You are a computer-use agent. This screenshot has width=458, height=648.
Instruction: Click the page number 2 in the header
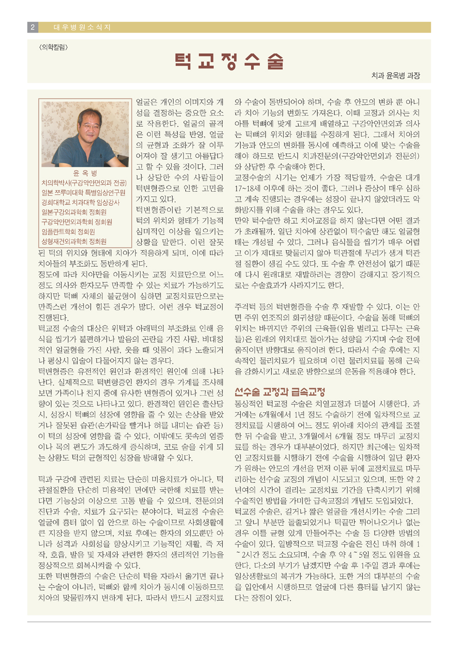pos(33,27)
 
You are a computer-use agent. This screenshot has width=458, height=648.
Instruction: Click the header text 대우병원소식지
pos(82,27)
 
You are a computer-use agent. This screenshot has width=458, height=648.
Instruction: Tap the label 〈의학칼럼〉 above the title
pos(54,47)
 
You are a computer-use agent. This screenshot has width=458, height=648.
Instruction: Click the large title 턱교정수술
pos(229,62)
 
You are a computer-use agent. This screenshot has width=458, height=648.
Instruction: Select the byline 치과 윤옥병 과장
pos(395,75)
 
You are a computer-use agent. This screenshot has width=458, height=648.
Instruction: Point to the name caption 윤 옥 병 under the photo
pos(85,173)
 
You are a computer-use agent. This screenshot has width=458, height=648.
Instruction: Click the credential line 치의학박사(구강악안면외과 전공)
pos(84,183)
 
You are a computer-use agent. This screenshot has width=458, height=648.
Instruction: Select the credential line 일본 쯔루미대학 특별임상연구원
pos(83,193)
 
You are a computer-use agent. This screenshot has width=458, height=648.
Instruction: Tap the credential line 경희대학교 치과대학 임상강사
pos(80,202)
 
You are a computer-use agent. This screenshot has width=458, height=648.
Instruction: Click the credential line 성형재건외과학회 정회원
pos(74,241)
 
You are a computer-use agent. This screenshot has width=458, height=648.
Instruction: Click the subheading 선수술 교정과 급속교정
pos(280,392)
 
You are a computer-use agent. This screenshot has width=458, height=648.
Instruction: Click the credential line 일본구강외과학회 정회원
pos(74,212)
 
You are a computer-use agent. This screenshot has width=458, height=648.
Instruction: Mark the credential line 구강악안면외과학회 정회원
pos(77,222)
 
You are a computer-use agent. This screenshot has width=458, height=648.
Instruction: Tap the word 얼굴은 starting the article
pos(147,102)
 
